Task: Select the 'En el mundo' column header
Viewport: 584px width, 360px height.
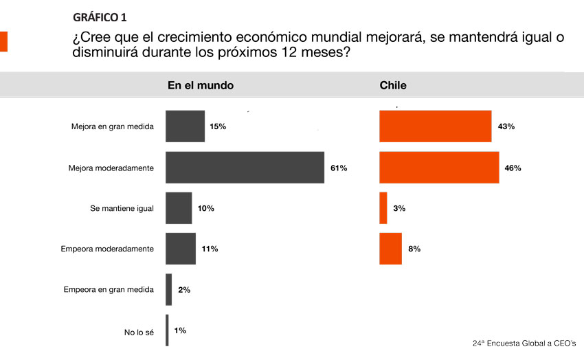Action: [x=201, y=86]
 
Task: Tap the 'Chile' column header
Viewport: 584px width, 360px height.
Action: [x=393, y=86]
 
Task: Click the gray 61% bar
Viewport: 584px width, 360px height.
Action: [x=245, y=168]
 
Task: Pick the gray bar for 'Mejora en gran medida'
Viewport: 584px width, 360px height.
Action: [x=185, y=126]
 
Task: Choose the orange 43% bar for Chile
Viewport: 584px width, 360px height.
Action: [x=435, y=126]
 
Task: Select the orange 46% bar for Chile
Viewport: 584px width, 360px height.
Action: [x=439, y=168]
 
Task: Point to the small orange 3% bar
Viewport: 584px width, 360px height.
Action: [x=383, y=207]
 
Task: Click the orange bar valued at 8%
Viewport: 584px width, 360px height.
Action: [x=390, y=249]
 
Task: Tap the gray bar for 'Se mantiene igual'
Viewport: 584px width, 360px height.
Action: [x=179, y=207]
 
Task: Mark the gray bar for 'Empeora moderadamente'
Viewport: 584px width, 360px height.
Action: [x=181, y=249]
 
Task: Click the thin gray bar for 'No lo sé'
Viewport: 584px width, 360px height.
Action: [x=167, y=330]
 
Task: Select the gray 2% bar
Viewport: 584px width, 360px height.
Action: [x=169, y=289]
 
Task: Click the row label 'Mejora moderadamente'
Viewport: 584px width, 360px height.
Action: [x=111, y=168]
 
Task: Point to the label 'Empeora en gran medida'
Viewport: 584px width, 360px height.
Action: [x=109, y=290]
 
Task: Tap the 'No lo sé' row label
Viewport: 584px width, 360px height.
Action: [x=139, y=333]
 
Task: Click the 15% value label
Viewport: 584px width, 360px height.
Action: [x=218, y=127]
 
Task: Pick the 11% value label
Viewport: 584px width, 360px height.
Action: [x=210, y=249]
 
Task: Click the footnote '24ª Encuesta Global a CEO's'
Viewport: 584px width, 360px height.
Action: [x=524, y=342]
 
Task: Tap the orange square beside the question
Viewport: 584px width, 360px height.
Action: [x=3, y=41]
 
